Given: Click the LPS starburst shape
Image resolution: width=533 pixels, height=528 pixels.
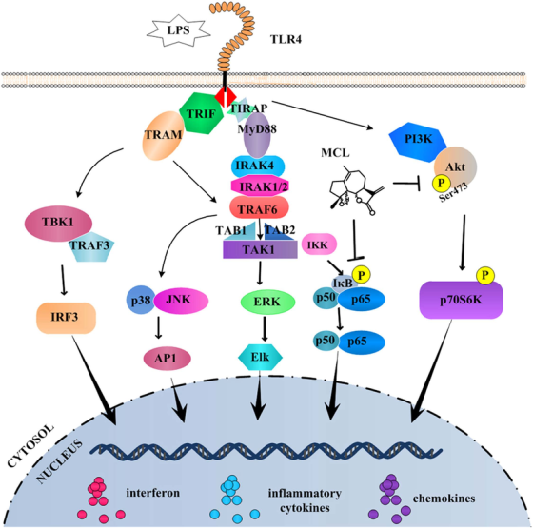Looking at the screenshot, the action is coord(178,31).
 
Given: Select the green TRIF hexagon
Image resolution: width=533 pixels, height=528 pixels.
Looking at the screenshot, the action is coord(201,113).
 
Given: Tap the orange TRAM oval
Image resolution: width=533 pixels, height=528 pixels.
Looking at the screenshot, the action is coord(164,135).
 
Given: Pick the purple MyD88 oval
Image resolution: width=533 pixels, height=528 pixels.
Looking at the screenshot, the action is coord(257,135).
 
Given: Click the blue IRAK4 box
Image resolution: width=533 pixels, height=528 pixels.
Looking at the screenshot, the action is coord(258,166).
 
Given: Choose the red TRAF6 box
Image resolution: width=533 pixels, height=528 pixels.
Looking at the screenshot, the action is coord(259,207).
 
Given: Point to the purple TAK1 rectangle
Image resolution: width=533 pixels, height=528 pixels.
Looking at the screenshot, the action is coord(260,249).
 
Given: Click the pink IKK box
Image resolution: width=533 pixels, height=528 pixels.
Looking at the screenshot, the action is coord(319,244).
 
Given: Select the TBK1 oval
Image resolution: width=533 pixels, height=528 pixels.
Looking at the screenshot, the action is coord(58,224).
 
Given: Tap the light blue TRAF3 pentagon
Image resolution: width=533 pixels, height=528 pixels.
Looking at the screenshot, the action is coord(91,246).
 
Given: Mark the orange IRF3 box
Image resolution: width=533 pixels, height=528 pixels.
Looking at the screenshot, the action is coord(67,318).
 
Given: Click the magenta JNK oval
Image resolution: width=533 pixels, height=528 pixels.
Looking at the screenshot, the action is coord(181,301).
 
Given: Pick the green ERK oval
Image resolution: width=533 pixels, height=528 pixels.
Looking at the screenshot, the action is coord(267,302).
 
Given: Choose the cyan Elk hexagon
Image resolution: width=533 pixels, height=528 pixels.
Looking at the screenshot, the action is coord(261,357).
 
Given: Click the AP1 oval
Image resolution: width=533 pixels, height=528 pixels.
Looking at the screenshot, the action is coord(168,359).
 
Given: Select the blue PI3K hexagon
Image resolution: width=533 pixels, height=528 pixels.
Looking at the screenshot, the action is coord(418,140).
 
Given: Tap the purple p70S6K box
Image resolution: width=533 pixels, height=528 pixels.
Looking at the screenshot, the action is coord(462,300).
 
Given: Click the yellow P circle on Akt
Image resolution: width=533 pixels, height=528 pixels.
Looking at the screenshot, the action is coord(442,184).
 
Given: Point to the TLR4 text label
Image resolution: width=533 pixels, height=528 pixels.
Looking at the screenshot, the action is coord(286,39).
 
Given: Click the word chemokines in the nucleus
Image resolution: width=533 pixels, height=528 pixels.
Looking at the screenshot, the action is coord(444,499).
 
